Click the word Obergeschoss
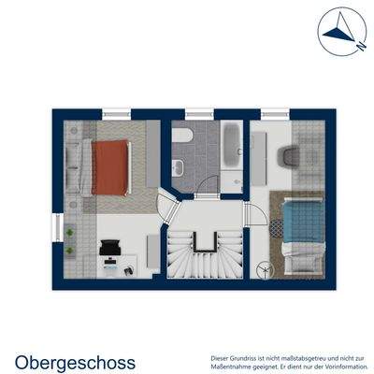click(75, 362)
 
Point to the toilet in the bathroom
click(182, 137)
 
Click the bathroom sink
click(179, 167)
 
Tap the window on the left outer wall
click(59, 228)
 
